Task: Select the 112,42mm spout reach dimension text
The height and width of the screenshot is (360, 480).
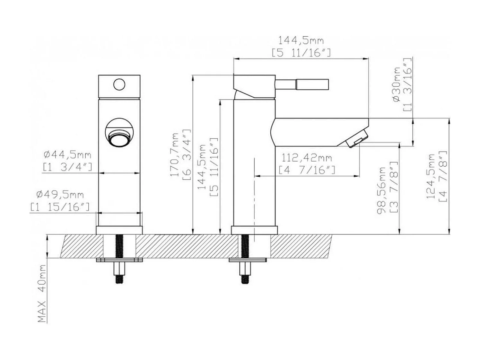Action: [x=307, y=158]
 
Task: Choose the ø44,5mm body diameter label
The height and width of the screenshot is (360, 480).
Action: [x=67, y=155]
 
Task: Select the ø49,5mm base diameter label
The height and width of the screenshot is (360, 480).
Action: [x=60, y=195]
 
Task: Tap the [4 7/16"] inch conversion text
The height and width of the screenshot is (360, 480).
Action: [x=307, y=170]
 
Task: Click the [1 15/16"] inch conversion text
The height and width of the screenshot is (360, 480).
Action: [x=60, y=207]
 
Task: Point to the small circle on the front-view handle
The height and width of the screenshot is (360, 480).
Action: [x=119, y=84]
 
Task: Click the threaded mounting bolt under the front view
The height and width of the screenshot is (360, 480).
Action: [x=119, y=247]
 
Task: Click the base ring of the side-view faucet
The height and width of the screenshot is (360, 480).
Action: [x=254, y=230]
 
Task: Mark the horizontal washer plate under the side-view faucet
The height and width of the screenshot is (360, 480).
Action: [x=248, y=259]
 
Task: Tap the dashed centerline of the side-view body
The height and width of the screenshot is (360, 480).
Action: [x=254, y=193]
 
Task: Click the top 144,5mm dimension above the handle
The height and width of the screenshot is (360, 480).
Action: [x=301, y=41]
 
